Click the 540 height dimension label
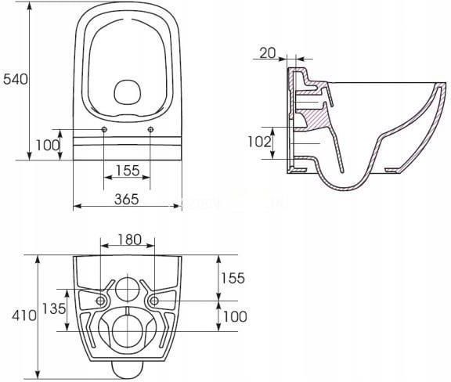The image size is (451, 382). pos(16,79)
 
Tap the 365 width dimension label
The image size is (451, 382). pos(127,199)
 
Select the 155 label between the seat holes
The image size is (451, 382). pos(128,171)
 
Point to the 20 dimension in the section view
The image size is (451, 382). pos(268,53)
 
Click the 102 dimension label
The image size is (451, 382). pos(259,142)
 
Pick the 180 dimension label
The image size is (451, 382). pos(130,240)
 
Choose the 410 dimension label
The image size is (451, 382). pos(24,315)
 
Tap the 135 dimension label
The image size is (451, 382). pos(54,308)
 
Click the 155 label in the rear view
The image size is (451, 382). pos(233,278)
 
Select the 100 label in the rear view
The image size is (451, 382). pos(235,316)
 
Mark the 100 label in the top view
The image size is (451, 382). pos(48,145)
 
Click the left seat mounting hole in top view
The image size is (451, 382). pos(104,130)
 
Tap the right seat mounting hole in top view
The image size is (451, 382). pos(150,130)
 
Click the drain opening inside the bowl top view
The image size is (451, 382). pos(127,92)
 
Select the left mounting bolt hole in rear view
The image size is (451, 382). pos(100,301)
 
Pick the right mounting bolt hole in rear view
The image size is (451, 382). pos(154,301)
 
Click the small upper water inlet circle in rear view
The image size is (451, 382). pos(128,290)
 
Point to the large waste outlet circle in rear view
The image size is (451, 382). pos(127,330)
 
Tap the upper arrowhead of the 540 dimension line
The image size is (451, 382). pos(29,5)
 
